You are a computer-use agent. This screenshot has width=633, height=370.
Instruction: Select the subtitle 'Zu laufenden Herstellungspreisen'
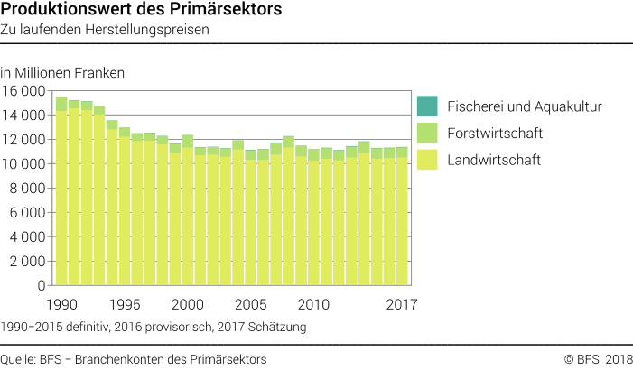(105, 31)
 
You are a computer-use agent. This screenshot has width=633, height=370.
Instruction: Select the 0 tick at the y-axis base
(41, 285)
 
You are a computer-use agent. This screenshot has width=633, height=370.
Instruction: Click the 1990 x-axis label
(61, 303)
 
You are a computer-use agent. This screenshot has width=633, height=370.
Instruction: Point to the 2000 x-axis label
(188, 303)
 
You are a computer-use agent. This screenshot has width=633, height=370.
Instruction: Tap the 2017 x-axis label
(401, 303)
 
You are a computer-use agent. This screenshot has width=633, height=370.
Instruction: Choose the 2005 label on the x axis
(251, 303)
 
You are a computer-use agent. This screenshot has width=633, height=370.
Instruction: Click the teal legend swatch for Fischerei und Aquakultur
(426, 106)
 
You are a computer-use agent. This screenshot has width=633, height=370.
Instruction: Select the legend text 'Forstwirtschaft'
(489, 134)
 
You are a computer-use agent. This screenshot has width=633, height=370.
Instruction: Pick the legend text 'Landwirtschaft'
(488, 161)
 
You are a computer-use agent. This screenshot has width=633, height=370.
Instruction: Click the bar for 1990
(61, 199)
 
